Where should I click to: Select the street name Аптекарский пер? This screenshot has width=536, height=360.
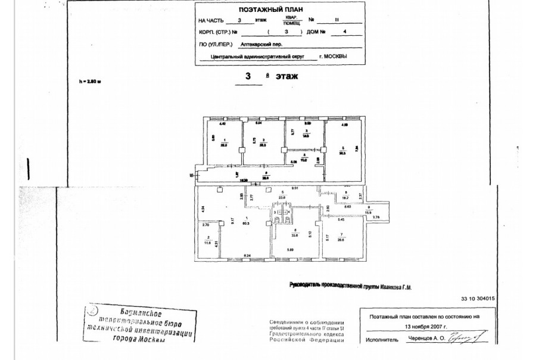[260, 44]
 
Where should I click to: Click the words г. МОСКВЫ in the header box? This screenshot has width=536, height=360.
[333, 57]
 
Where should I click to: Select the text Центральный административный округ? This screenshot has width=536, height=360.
[258, 57]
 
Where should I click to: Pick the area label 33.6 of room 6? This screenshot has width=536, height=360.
[297, 233]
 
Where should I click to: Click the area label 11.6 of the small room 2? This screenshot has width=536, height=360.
[207, 243]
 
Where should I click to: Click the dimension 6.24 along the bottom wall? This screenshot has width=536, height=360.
[247, 256]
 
